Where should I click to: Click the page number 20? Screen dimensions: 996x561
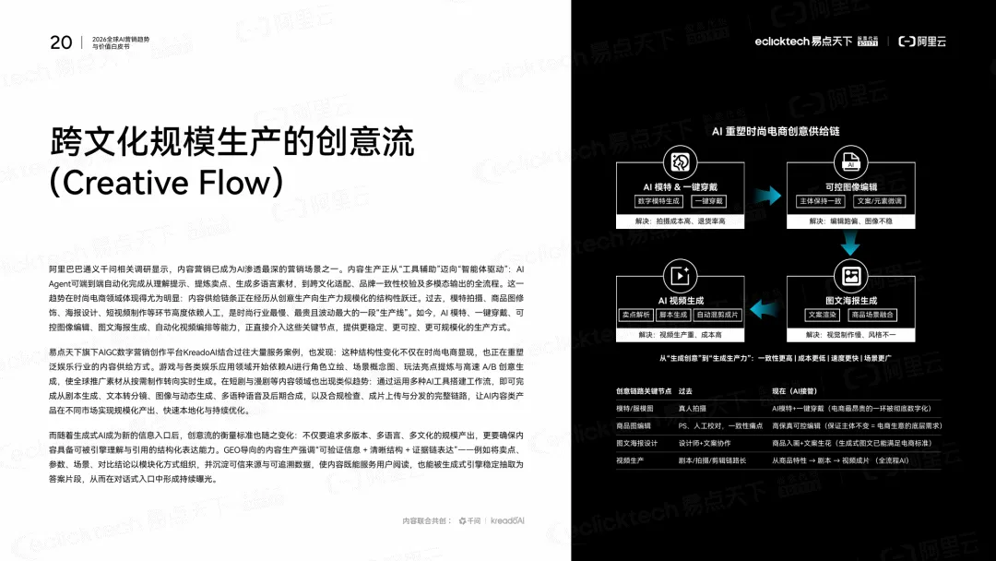point(61,42)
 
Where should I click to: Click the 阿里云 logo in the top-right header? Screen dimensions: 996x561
point(922,42)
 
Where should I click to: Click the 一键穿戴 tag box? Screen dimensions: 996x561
point(709,201)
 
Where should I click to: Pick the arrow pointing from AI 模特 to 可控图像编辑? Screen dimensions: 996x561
point(766,196)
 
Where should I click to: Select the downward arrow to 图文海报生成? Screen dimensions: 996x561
point(850,245)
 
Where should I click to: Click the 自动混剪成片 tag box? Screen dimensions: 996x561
point(717,315)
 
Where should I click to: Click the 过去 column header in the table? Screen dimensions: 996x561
point(685,391)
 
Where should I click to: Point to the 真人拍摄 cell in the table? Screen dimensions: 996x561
point(692,408)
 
